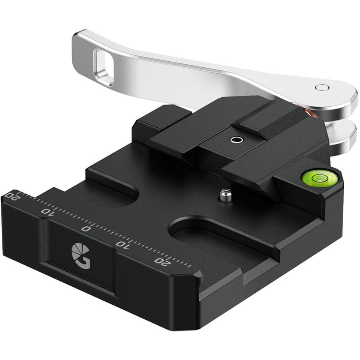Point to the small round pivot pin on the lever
pyautogui.click(x=322, y=87)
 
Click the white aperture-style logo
pyautogui.click(x=81, y=256)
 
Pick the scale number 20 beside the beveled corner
pyautogui.click(x=163, y=261)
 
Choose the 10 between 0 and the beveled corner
pyautogui.click(x=123, y=244)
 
